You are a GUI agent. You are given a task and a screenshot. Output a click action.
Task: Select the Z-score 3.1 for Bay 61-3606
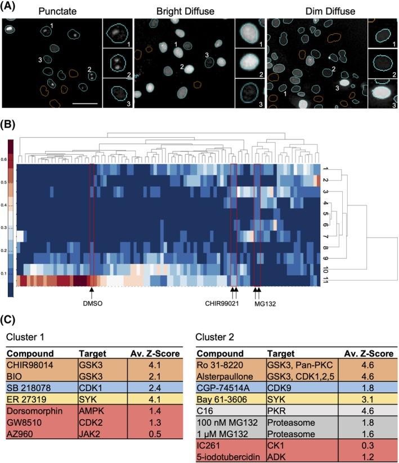point(367,398)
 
